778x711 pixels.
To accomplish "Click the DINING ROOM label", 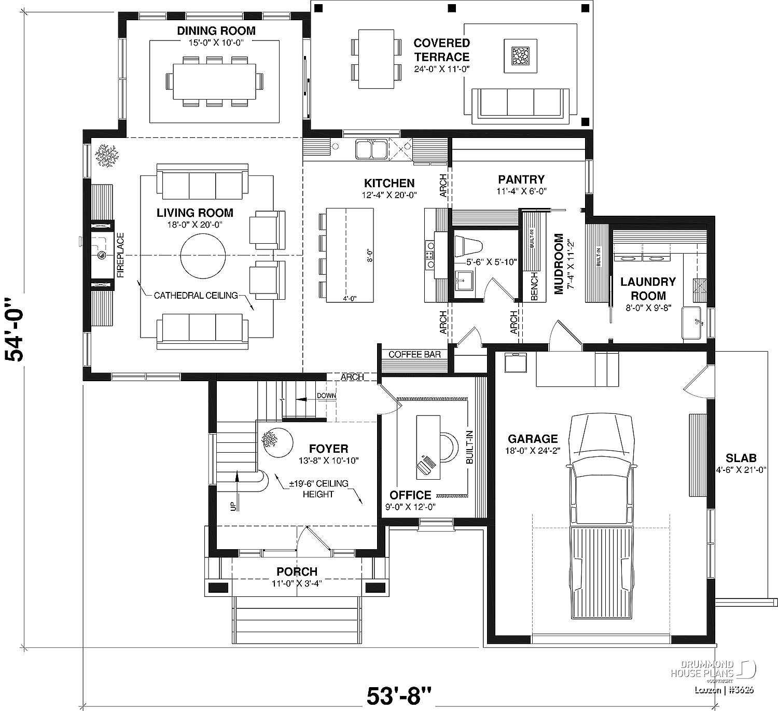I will tap(216, 31).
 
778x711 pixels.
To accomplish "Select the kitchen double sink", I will tap(370, 149).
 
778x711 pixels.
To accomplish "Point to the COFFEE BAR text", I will tap(414, 355).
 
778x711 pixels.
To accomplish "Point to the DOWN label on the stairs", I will tap(326, 396).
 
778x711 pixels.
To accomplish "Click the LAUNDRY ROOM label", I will tap(648, 288).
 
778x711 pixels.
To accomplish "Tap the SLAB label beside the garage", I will tap(741, 458).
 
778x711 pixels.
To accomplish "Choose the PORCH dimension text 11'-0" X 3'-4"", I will tap(297, 583).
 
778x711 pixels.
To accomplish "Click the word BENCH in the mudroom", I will tap(534, 286).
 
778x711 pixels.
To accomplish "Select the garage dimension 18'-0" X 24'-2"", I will tap(533, 451).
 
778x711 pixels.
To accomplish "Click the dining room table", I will tap(214, 81).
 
